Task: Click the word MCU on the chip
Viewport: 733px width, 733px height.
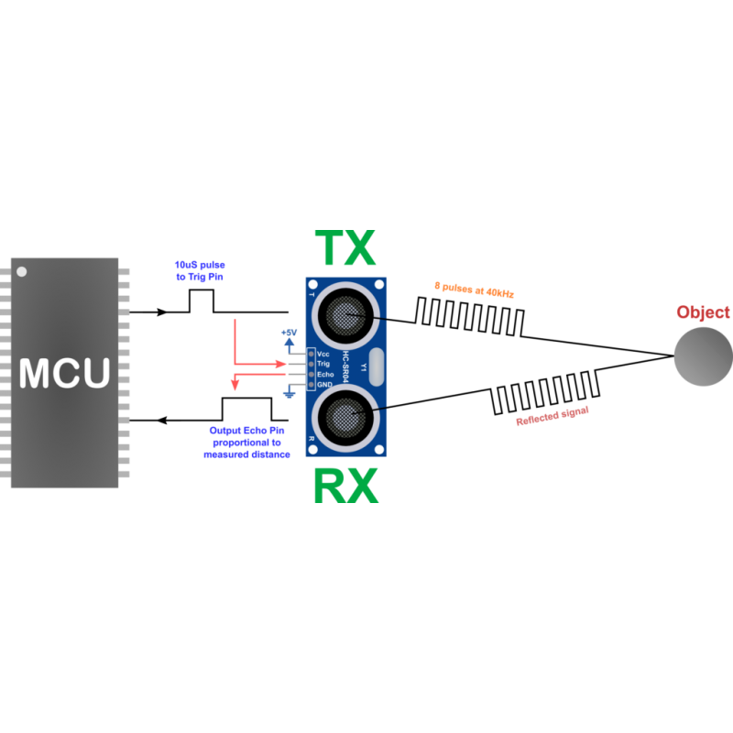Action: tap(65, 373)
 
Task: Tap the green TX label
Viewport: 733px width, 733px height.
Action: tap(345, 249)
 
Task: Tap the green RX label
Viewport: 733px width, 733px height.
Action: tap(345, 486)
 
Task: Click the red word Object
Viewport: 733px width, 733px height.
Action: tap(703, 312)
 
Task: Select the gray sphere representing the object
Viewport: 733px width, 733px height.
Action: tap(703, 356)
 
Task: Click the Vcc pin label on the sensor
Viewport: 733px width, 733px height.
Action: tap(323, 353)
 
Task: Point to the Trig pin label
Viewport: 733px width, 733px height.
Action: tap(323, 364)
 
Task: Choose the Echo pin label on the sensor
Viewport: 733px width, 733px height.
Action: tap(324, 374)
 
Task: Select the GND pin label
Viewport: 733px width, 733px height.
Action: tap(324, 385)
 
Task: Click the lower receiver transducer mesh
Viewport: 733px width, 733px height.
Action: tap(345, 418)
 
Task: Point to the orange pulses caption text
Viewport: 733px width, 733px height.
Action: tap(475, 290)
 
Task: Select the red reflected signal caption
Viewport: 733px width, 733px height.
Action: tap(552, 416)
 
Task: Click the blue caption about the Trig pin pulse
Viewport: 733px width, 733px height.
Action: tap(200, 270)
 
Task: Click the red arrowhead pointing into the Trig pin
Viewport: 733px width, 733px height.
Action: tap(282, 364)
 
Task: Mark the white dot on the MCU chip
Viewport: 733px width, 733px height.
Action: tap(22, 271)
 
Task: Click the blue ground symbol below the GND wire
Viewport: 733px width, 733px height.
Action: tap(289, 394)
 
